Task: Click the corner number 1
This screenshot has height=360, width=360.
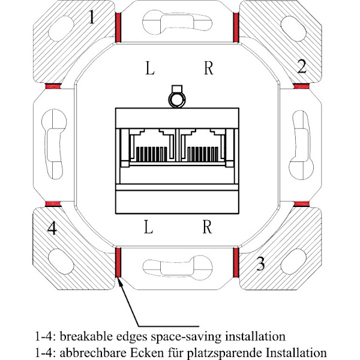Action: pos(92,17)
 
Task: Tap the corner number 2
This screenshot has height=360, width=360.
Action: pos(302,67)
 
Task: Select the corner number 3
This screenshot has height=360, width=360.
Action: pos(260,263)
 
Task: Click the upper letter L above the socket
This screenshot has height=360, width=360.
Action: pos(150,68)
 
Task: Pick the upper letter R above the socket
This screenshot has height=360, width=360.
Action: pos(209,68)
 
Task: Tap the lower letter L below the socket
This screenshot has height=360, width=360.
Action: pos(149,227)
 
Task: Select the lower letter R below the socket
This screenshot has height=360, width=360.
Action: pos(208,227)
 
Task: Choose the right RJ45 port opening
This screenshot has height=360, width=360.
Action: pos(203,146)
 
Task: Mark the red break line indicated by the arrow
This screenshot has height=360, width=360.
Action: pos(118,262)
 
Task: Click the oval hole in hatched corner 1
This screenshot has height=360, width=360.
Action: pos(61,29)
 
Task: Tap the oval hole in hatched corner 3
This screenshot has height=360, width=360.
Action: pos(293,261)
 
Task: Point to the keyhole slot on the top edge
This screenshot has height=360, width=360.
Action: pos(177,23)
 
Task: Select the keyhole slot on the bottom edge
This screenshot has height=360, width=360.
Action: pos(178,268)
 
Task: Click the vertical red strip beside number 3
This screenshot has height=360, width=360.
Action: pos(236,262)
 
